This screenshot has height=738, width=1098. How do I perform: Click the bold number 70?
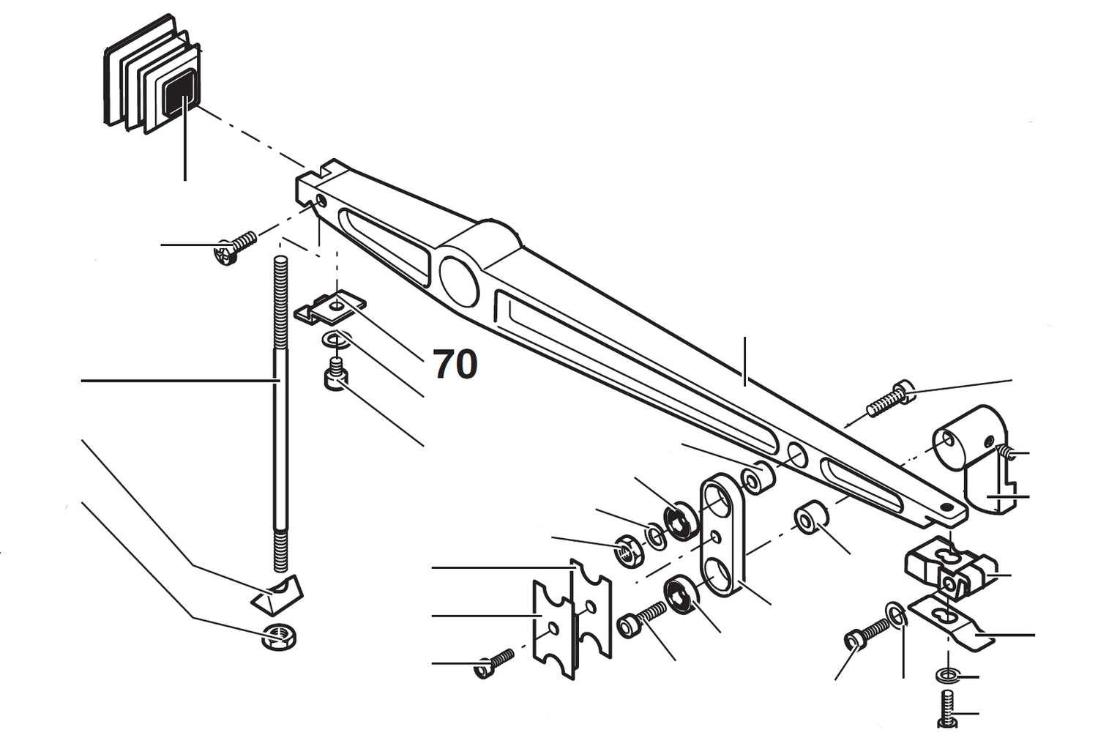(455, 364)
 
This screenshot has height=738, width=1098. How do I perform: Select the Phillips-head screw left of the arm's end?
(234, 247)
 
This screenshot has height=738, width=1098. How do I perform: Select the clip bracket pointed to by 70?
(331, 309)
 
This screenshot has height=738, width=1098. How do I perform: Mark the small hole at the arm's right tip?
(948, 507)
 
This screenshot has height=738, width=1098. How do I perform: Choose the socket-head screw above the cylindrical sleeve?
(889, 399)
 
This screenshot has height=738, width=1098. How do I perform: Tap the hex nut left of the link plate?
(628, 549)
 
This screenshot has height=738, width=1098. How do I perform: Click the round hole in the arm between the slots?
(796, 455)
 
